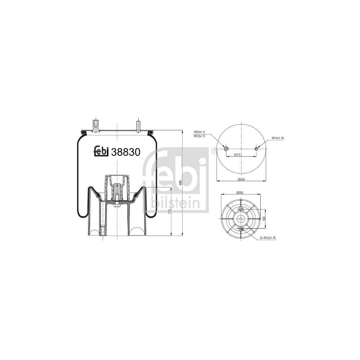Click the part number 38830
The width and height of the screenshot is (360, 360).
pos(126,152)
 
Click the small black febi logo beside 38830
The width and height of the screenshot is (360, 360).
pos(101,151)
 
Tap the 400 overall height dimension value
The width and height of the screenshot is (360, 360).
pos(180,183)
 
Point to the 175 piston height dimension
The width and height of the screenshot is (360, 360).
pos(170,211)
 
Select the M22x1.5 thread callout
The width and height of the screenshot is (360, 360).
pos(199,132)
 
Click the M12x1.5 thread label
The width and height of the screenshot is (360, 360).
pos(199,136)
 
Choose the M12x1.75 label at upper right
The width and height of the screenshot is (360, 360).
pos(278,138)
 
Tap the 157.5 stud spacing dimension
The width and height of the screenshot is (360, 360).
pos(237,155)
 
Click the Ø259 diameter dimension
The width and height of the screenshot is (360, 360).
pos(241,179)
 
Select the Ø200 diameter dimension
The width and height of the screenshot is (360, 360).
pos(240,193)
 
